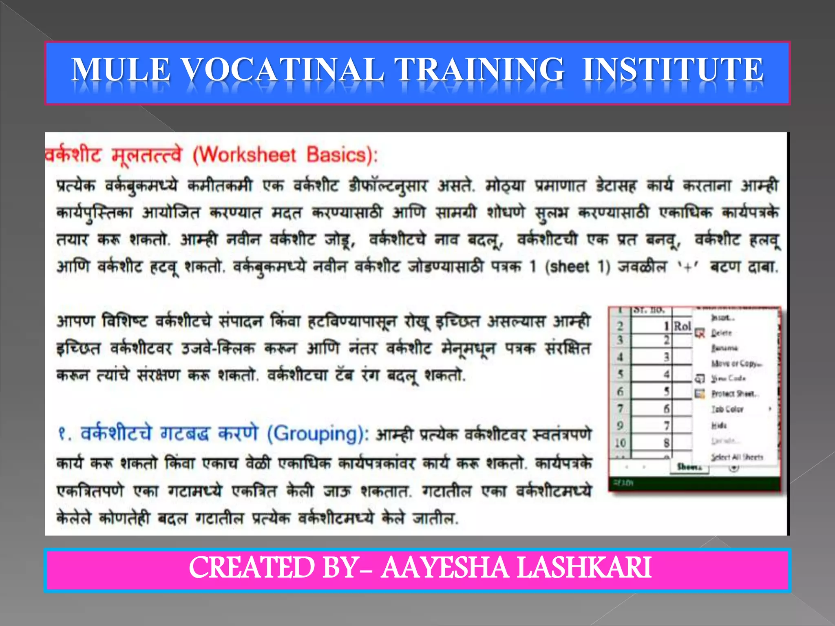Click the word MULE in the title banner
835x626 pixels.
(121, 69)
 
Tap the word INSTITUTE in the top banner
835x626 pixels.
(673, 69)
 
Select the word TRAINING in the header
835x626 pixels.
(479, 69)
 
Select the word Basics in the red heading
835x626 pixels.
(337, 155)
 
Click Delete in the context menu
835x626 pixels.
(722, 333)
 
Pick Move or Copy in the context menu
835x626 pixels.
(736, 363)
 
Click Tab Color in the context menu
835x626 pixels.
(727, 409)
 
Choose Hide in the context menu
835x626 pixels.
(719, 425)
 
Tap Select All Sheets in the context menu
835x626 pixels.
(737, 457)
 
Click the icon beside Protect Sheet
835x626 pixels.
(700, 394)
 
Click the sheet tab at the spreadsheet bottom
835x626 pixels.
(689, 467)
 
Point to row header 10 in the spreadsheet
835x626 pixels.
(620, 443)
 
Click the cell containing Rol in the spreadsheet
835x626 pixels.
(682, 326)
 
